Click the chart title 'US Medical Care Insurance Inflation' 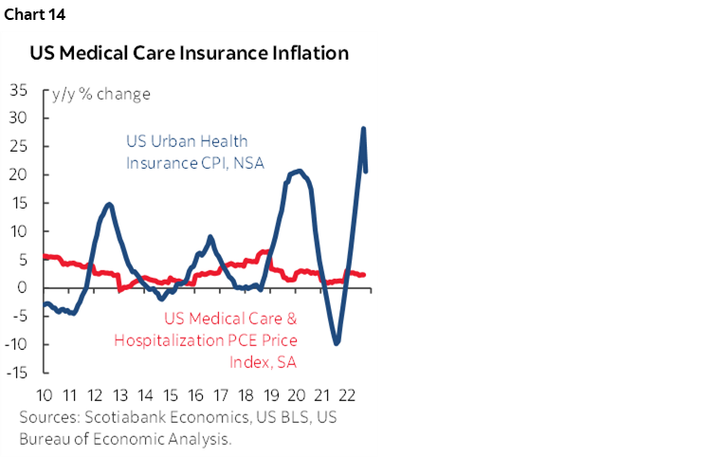189,53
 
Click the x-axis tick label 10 44,395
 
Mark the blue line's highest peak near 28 363,129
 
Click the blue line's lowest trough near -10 337,342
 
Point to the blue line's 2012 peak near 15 110,205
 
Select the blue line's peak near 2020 299,171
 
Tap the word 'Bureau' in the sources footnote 44,439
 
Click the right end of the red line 364,275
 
